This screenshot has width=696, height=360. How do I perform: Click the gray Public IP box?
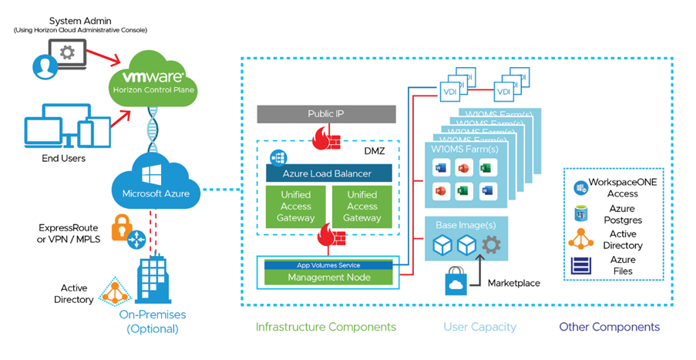pyautogui.click(x=325, y=114)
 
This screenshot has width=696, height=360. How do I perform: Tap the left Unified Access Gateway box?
pyautogui.click(x=296, y=207)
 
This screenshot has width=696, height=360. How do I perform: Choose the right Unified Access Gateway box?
pyautogui.click(x=362, y=207)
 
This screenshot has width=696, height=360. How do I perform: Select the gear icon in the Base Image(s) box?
pyautogui.click(x=490, y=244)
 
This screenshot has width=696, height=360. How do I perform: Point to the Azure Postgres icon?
pyautogui.click(x=581, y=214)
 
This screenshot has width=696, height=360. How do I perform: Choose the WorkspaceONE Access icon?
pyautogui.click(x=580, y=187)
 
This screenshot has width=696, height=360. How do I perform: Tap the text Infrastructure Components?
pyautogui.click(x=326, y=327)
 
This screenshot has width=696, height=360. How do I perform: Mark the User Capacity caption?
pyautogui.click(x=479, y=327)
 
